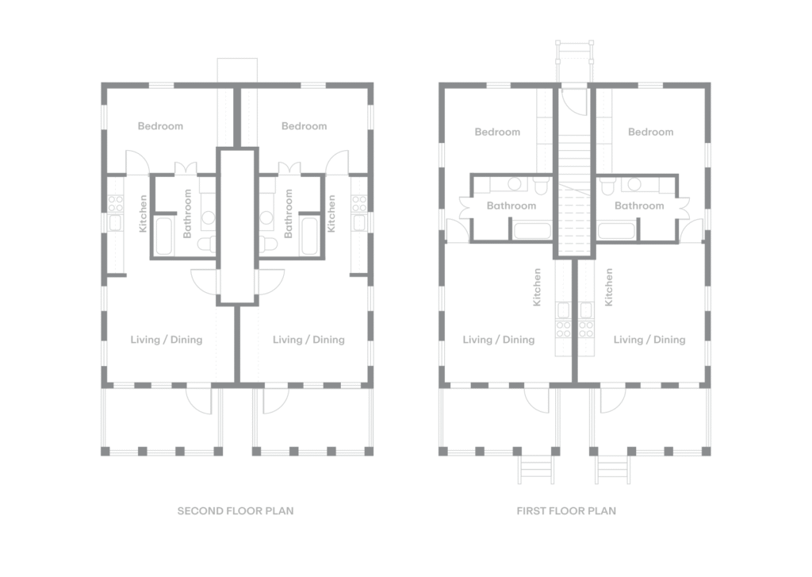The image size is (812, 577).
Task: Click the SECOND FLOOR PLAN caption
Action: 235,510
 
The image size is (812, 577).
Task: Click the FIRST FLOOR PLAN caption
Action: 566,510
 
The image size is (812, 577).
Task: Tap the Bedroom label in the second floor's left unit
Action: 160,126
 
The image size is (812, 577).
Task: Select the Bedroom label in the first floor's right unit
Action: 650,133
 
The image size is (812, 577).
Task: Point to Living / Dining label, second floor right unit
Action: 308,340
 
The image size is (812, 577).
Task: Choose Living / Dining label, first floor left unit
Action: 498,340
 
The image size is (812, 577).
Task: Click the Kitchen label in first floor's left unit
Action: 537,287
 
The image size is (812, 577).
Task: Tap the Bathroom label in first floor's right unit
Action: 639,206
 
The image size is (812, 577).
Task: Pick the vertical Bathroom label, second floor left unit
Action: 187,213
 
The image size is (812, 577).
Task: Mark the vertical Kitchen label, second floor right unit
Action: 331,213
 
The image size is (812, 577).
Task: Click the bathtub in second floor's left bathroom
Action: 164,236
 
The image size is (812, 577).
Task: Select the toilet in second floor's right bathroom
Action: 266,243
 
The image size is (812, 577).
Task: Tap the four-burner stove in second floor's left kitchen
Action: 116,204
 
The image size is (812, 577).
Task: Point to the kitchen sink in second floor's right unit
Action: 358,223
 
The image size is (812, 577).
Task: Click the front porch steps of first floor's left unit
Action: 536,470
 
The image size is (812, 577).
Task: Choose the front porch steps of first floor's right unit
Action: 613,470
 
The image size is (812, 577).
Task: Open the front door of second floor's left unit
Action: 200,401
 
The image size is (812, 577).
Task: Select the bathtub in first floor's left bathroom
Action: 532,231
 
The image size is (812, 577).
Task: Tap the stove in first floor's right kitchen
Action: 586,329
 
